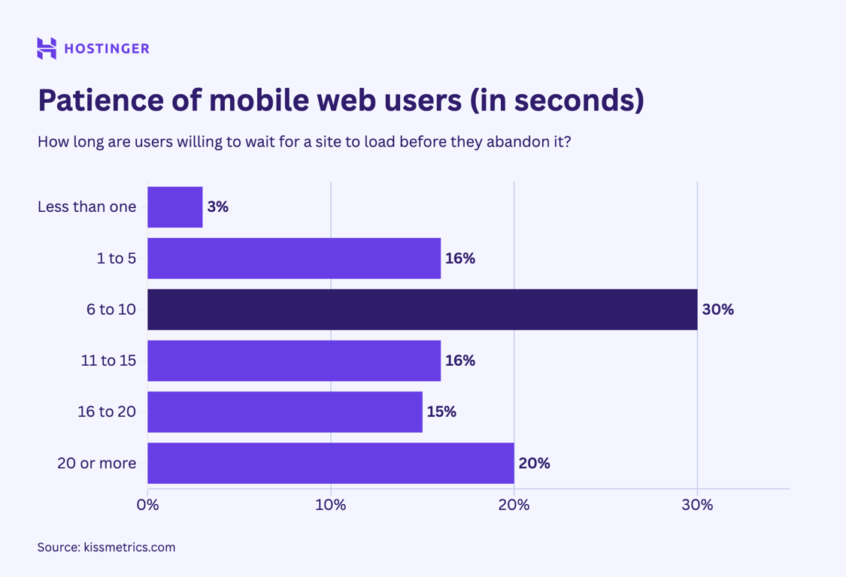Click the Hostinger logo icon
[47, 48]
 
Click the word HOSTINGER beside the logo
[107, 49]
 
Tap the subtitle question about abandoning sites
[304, 142]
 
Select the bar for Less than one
[175, 207]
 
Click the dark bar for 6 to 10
[422, 310]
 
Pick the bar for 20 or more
[331, 463]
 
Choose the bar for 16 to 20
[285, 412]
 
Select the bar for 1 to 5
[294, 258]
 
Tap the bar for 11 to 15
[294, 361]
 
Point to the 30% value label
[717, 310]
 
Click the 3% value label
[217, 207]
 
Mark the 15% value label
[441, 412]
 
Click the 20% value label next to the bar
[534, 463]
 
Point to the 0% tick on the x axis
[148, 505]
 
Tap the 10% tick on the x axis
[331, 505]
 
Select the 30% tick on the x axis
[697, 505]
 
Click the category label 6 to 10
[111, 310]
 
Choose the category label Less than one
[87, 207]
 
